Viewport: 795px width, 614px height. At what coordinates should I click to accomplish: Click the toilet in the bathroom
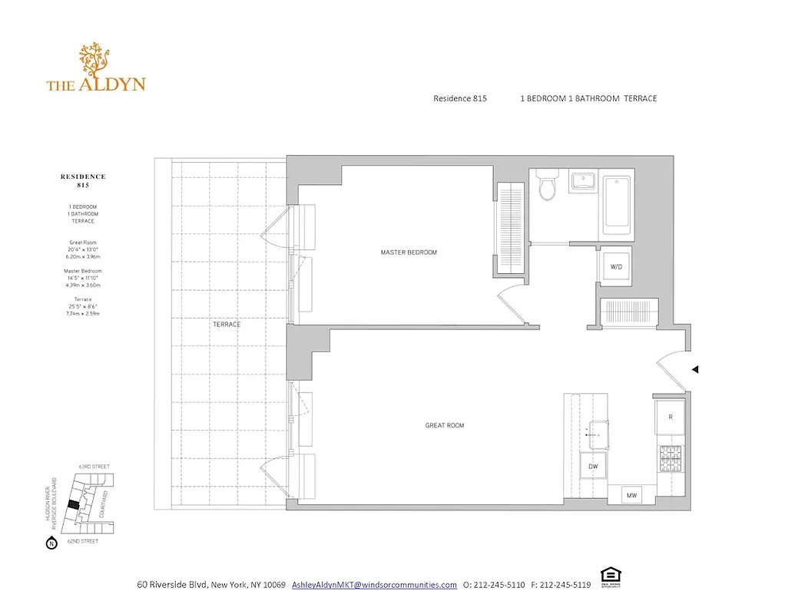click(x=547, y=185)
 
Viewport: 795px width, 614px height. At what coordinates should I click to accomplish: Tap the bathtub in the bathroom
click(x=618, y=204)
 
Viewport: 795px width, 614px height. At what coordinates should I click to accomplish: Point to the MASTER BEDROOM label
click(x=409, y=253)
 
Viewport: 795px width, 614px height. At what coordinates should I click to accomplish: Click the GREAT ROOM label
click(x=445, y=425)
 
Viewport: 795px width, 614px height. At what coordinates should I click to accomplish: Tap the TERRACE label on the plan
click(x=227, y=325)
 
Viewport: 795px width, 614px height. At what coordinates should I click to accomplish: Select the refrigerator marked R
click(x=671, y=417)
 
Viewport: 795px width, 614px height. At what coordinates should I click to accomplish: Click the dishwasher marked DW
click(x=593, y=466)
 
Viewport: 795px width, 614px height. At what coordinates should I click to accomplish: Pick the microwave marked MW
click(x=631, y=496)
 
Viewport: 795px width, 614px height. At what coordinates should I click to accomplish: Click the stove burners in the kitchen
click(x=670, y=458)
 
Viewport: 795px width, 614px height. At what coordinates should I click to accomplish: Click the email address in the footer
click(x=374, y=585)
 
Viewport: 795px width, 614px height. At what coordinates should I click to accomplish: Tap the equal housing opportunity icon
click(x=610, y=576)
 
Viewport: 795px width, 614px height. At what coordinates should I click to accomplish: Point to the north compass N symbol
click(x=51, y=544)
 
